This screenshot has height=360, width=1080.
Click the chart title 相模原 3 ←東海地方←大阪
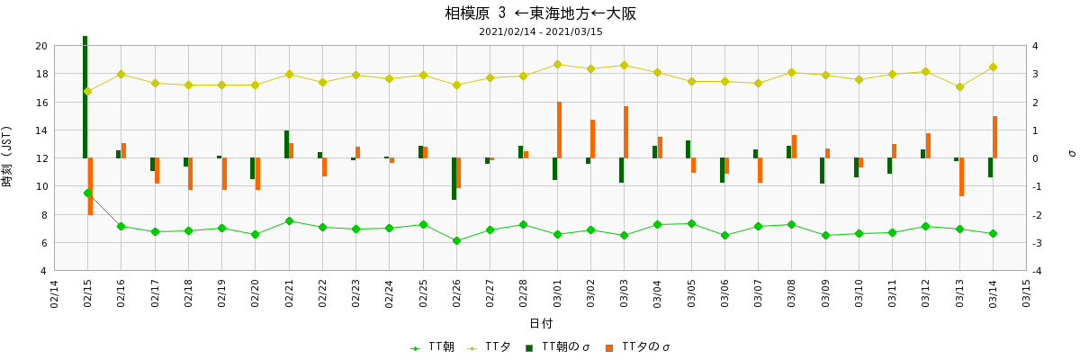click(x=540, y=13)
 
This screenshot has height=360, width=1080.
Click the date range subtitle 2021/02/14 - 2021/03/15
click(x=540, y=31)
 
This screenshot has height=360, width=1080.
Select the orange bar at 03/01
click(x=559, y=130)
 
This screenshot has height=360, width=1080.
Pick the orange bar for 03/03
click(x=626, y=132)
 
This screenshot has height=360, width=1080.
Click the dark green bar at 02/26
click(x=454, y=178)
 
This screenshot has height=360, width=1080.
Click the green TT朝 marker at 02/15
click(x=87, y=193)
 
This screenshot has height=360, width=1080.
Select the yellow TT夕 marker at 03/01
click(x=557, y=64)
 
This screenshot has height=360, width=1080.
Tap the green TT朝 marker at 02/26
click(x=456, y=240)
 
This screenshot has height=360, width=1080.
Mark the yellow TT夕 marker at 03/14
click(x=993, y=67)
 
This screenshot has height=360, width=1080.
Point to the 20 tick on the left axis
click(x=40, y=46)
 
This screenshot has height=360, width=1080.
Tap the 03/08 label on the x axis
click(x=792, y=293)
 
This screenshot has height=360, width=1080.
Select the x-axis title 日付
click(x=540, y=323)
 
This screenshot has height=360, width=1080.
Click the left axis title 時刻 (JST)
click(x=8, y=158)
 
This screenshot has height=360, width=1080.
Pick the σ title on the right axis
click(x=1071, y=153)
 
